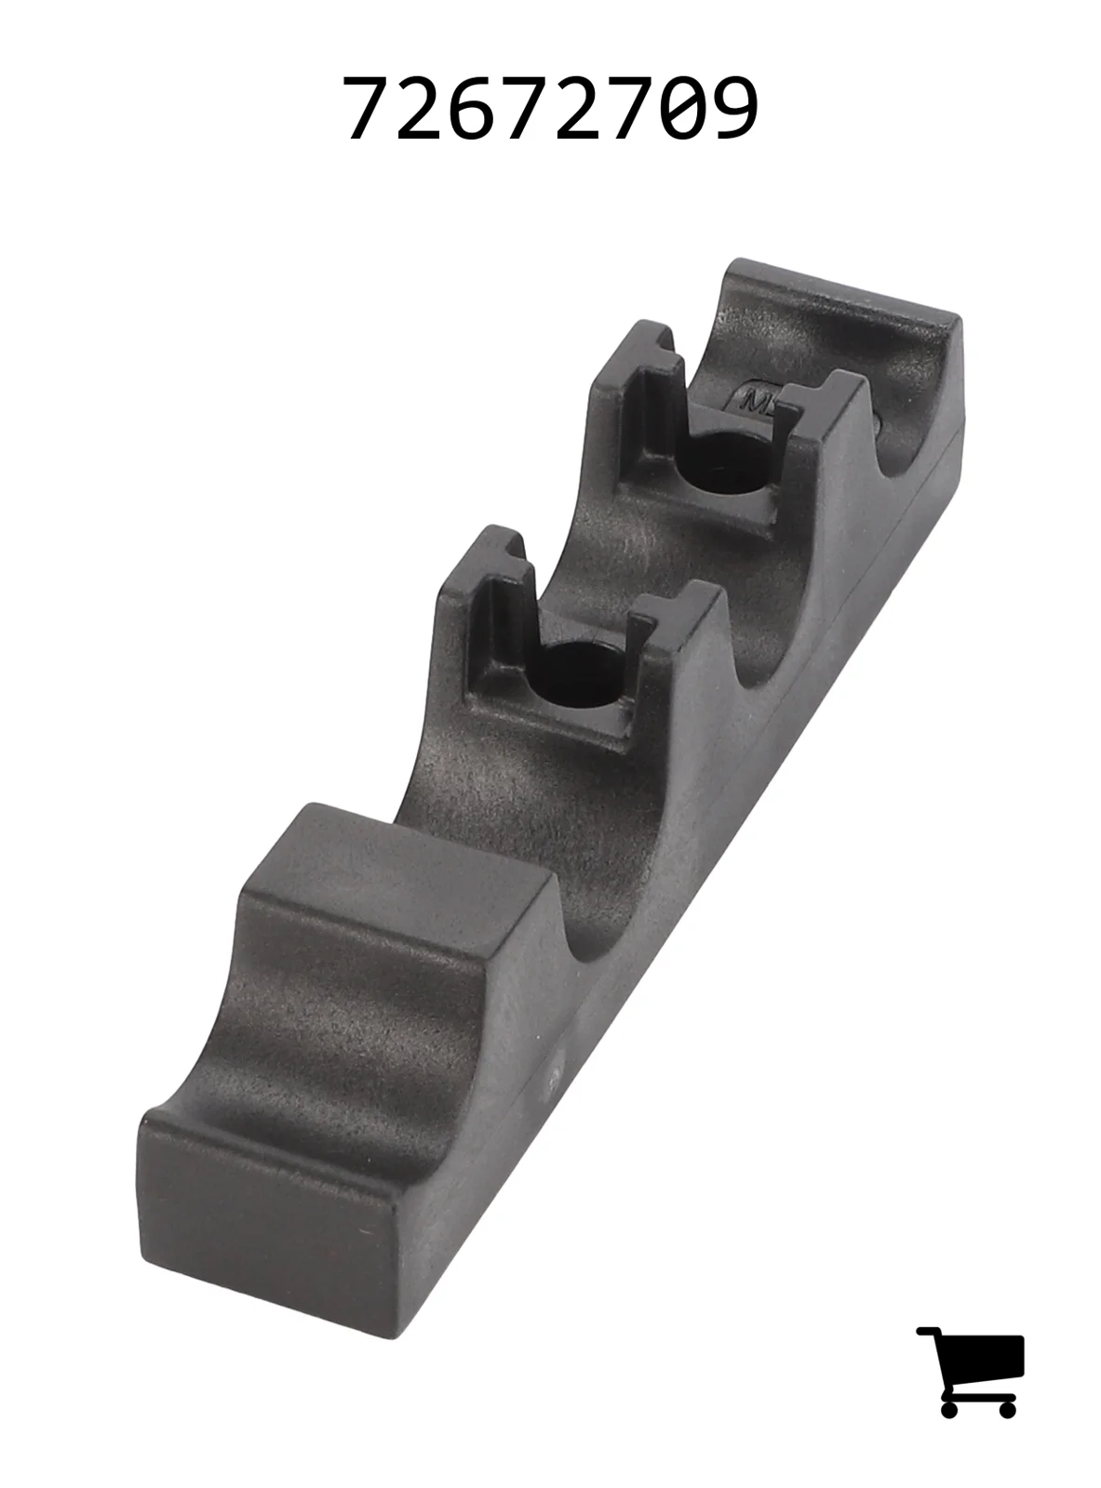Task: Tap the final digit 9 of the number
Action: click(734, 107)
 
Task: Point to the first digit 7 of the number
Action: click(368, 107)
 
